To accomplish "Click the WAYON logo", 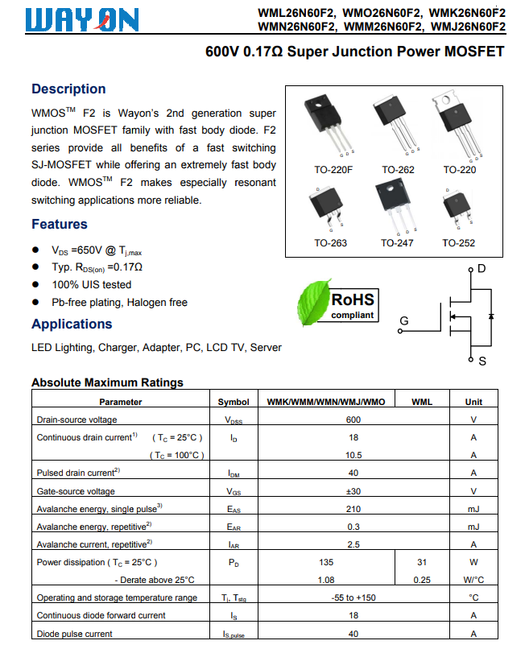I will pos(81,19).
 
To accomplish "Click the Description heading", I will pos(68,89).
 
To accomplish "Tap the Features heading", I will pos(60,224).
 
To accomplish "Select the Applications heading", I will pos(72,324).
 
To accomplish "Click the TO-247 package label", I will pos(397,243).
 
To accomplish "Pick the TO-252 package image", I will pos(457,209).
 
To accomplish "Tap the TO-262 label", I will pos(397,170).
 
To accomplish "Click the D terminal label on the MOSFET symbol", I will pos(482,268).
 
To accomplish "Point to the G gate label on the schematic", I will pos(403,320).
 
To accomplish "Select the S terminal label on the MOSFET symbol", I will pos(482,362).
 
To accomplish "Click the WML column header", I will pos(421,401).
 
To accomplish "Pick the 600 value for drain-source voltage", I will pos(353,419).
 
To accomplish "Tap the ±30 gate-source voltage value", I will pos(353,491).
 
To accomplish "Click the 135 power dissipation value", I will pos(326,562).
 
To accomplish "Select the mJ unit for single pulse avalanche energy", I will pos(473,509).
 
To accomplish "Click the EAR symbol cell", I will pos(234,527).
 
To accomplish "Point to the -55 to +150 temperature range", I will pos(353,597).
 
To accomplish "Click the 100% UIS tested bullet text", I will pos(91,284).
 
